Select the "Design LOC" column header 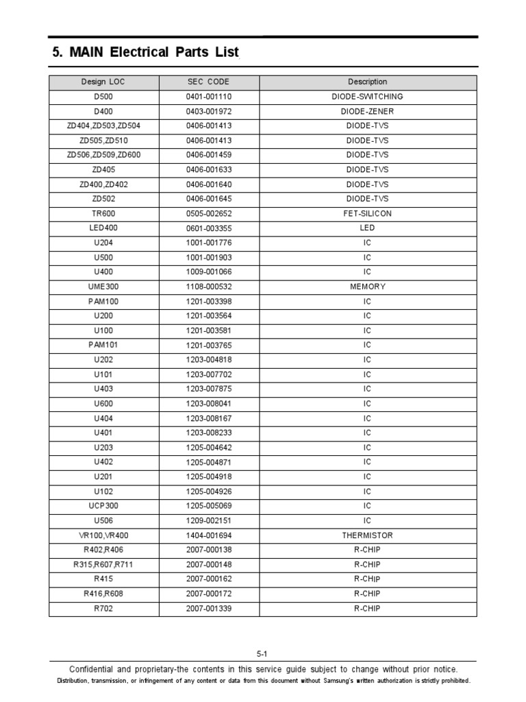103,82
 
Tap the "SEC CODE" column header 208,82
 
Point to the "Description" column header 367,82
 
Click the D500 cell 103,97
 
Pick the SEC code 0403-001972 208,111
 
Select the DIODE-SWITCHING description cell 367,97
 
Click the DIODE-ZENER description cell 367,111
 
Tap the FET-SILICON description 367,214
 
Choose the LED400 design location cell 103,228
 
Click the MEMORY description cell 367,287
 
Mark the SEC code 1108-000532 208,287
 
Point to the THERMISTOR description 367,535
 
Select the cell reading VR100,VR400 103,535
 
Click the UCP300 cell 103,506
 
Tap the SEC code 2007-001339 208,609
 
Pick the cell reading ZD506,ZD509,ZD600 103,155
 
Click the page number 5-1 262,654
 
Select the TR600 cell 103,214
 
